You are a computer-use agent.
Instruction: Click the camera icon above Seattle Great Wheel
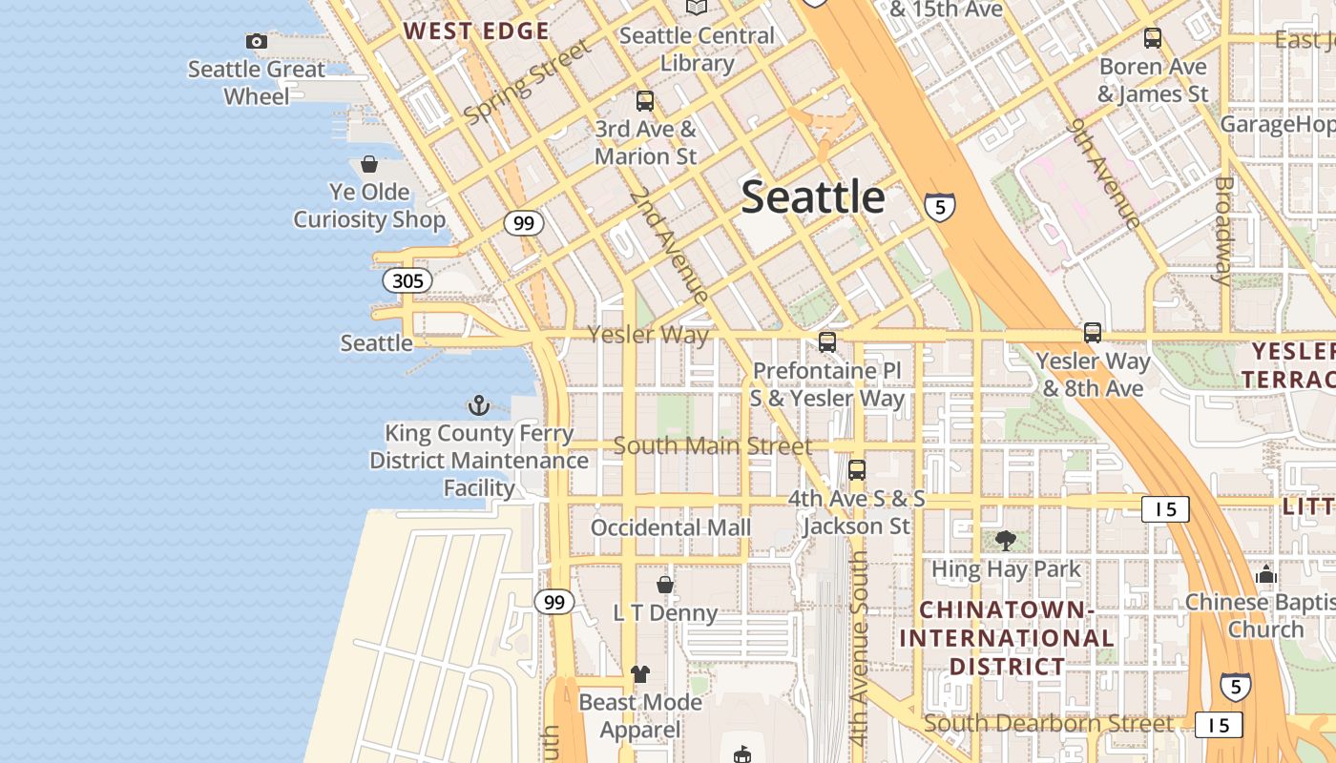256,41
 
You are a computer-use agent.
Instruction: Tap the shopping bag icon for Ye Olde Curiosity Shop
369,164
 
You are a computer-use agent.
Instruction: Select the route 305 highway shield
407,280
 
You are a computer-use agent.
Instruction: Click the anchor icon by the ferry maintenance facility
479,406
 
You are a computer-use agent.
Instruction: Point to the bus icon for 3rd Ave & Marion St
645,101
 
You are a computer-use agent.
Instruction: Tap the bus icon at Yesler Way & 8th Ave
1093,333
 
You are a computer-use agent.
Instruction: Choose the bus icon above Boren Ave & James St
1153,38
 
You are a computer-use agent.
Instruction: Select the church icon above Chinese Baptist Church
1266,574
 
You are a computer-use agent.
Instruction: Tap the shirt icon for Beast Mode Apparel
640,674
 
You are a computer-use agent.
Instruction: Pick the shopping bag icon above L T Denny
665,584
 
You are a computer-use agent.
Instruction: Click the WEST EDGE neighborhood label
476,31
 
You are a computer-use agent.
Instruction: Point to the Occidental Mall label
671,527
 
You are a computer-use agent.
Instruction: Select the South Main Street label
713,445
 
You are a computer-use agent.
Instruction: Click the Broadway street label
1223,230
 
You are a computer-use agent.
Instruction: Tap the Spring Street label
528,81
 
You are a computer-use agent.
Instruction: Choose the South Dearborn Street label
1049,723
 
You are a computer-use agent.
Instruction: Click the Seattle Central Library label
697,50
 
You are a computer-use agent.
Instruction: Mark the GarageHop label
1278,124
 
